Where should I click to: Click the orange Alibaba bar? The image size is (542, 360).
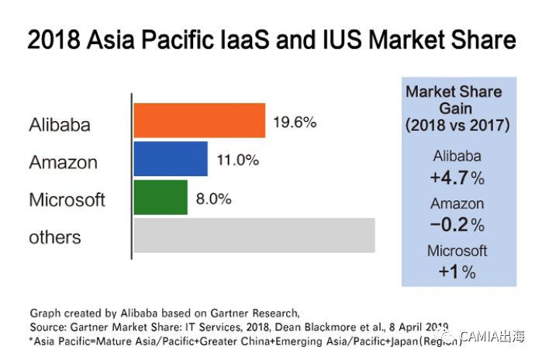coord(199,121)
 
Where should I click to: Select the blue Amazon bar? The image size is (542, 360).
coord(171,159)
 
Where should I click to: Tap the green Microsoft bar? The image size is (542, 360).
coord(161,197)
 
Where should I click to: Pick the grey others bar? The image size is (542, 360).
coord(254,235)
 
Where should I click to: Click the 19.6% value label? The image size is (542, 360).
coord(295,123)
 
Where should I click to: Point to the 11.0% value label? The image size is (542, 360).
coord(236,161)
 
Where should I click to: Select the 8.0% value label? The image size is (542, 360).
coord(212,199)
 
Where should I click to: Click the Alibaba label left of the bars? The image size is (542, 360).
coord(60,124)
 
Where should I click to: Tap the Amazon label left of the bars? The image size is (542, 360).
coord(63,162)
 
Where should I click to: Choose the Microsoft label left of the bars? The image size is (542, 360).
coord(67,199)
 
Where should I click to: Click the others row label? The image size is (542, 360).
coord(55,237)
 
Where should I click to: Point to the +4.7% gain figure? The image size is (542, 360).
coord(457,178)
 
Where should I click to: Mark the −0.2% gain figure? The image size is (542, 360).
coord(457,225)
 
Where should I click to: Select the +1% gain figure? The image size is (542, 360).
coord(457,272)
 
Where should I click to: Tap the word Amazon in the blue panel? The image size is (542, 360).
coord(457,204)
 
